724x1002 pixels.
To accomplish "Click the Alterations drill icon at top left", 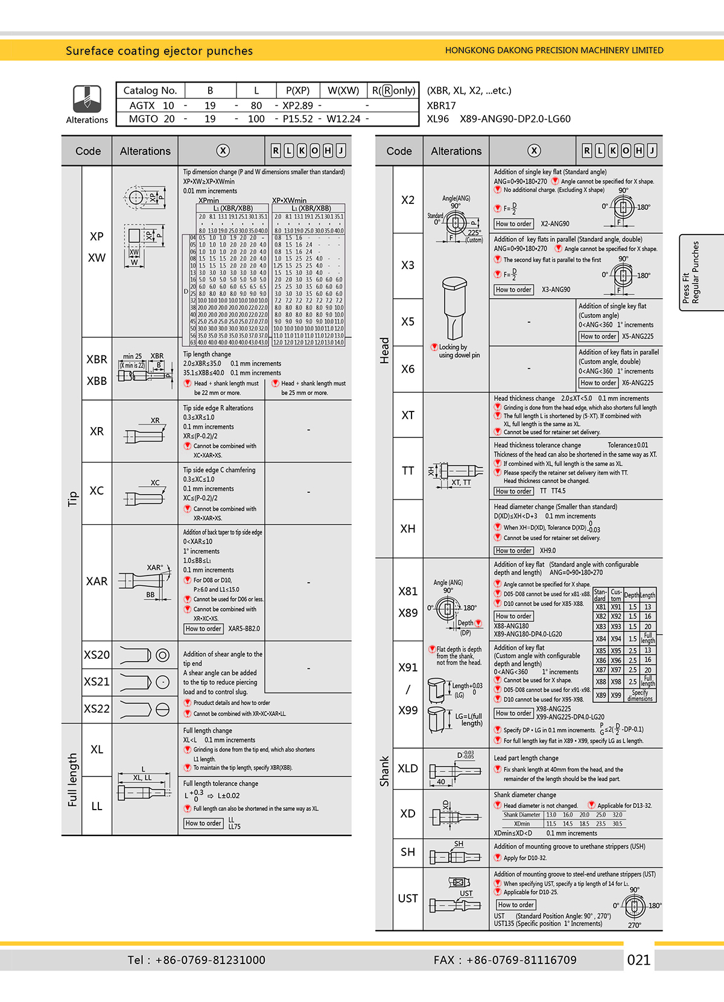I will (x=87, y=98).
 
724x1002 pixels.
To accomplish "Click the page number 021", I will (x=639, y=960).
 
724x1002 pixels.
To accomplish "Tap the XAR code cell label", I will (x=97, y=582).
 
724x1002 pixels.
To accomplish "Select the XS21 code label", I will (x=97, y=682).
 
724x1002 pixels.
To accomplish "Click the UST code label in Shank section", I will (x=408, y=898).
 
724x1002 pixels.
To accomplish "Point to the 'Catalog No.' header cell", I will (x=150, y=90).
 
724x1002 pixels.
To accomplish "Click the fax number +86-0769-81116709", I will (x=505, y=960).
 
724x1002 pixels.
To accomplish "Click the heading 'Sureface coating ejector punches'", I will (x=159, y=51).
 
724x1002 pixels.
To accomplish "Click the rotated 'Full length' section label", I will (x=72, y=779).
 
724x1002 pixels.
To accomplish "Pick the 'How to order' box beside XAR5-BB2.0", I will (x=204, y=629).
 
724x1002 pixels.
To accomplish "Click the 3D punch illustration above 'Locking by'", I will (x=455, y=308).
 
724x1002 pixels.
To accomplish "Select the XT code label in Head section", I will (x=408, y=415).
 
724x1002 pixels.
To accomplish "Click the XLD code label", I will (x=408, y=769).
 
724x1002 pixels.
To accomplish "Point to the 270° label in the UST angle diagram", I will (x=634, y=925).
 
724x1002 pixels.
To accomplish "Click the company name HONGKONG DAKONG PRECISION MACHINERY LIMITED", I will (x=554, y=51).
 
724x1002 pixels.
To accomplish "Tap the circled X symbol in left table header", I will (x=223, y=151).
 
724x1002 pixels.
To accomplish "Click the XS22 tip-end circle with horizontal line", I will (x=162, y=709).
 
